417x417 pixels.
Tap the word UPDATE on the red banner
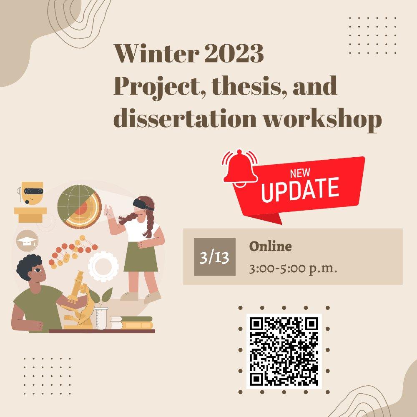click(300, 189)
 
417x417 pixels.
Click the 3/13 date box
click(214, 257)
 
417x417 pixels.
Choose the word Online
click(270, 246)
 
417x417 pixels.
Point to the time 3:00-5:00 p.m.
click(293, 269)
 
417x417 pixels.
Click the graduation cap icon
click(27, 241)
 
